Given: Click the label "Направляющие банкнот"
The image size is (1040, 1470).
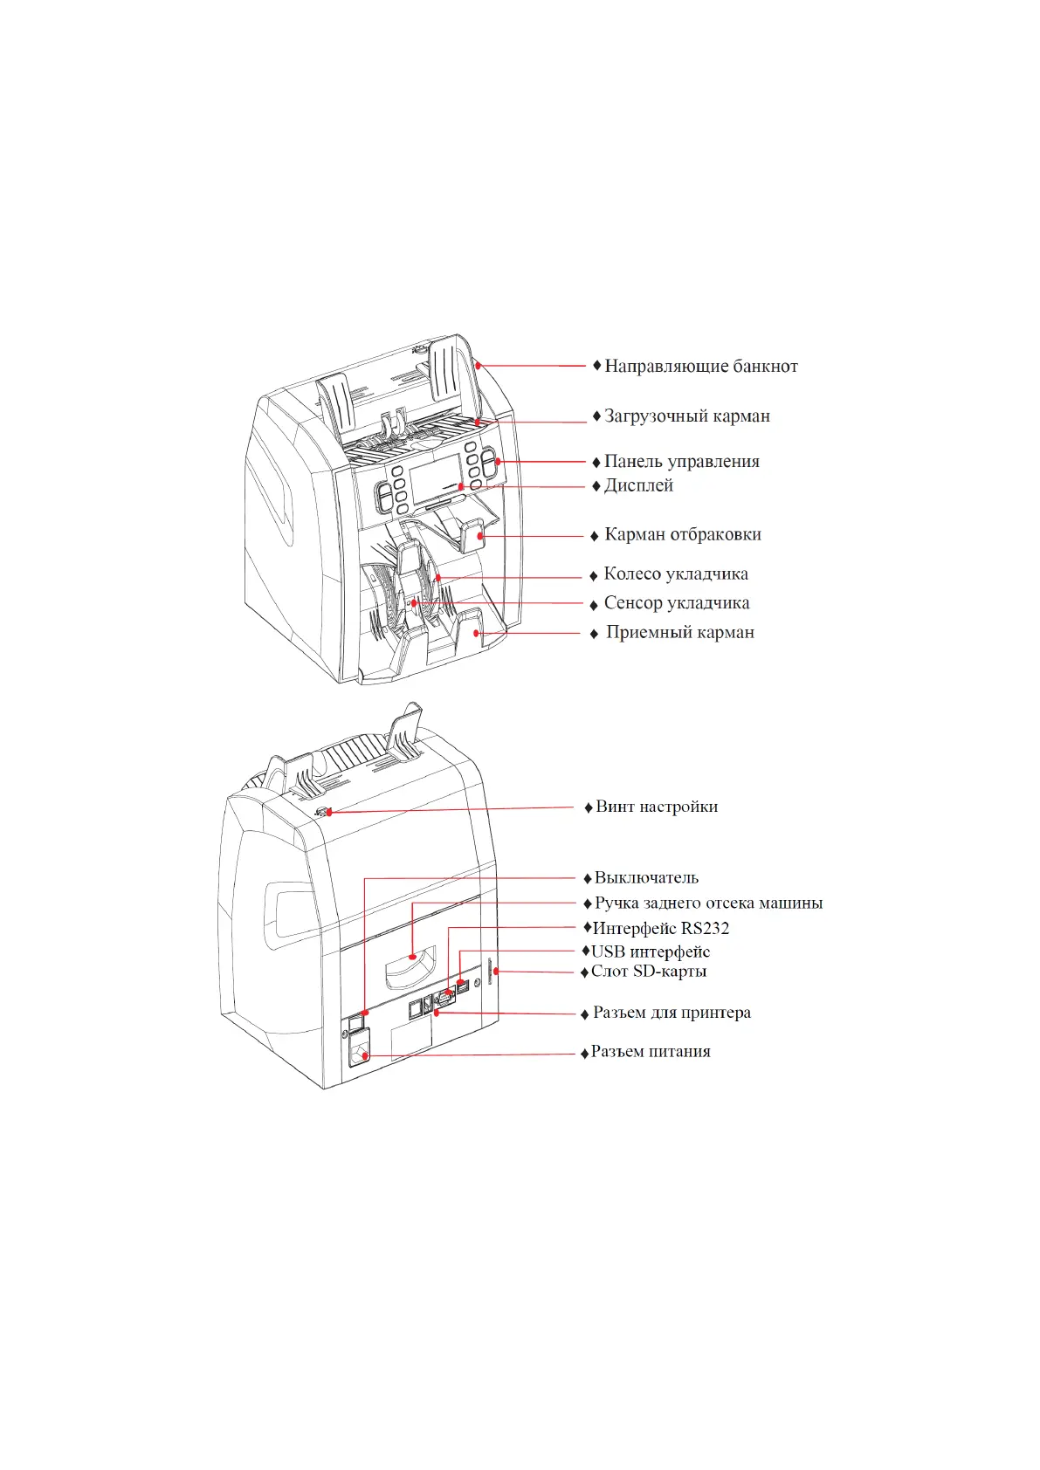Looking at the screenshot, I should [700, 367].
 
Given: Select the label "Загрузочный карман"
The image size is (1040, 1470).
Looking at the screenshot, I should [686, 416].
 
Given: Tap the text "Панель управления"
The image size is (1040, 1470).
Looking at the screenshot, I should [681, 462].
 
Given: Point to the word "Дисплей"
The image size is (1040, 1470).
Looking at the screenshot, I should [638, 486].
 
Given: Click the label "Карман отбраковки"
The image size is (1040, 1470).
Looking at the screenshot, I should [682, 535].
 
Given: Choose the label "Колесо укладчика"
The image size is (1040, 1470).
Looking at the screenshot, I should [675, 574].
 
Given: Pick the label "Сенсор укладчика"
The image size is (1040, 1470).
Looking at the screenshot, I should [676, 603].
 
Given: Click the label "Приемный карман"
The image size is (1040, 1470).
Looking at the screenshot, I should [679, 633].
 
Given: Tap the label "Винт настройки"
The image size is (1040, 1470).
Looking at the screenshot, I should [657, 807].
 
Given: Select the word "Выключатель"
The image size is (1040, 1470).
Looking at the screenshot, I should [646, 878].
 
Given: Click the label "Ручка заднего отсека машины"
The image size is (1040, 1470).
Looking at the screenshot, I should [708, 903].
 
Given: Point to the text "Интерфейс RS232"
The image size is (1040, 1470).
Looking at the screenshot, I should [660, 929].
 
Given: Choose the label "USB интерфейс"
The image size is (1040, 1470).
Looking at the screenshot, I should [651, 952].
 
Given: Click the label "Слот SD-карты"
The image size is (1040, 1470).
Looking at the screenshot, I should [648, 972].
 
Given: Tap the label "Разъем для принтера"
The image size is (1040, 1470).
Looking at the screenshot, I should [672, 1013].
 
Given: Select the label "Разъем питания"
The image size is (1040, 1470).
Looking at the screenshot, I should [651, 1052].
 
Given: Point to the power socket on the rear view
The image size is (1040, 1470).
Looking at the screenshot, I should [358, 1049].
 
